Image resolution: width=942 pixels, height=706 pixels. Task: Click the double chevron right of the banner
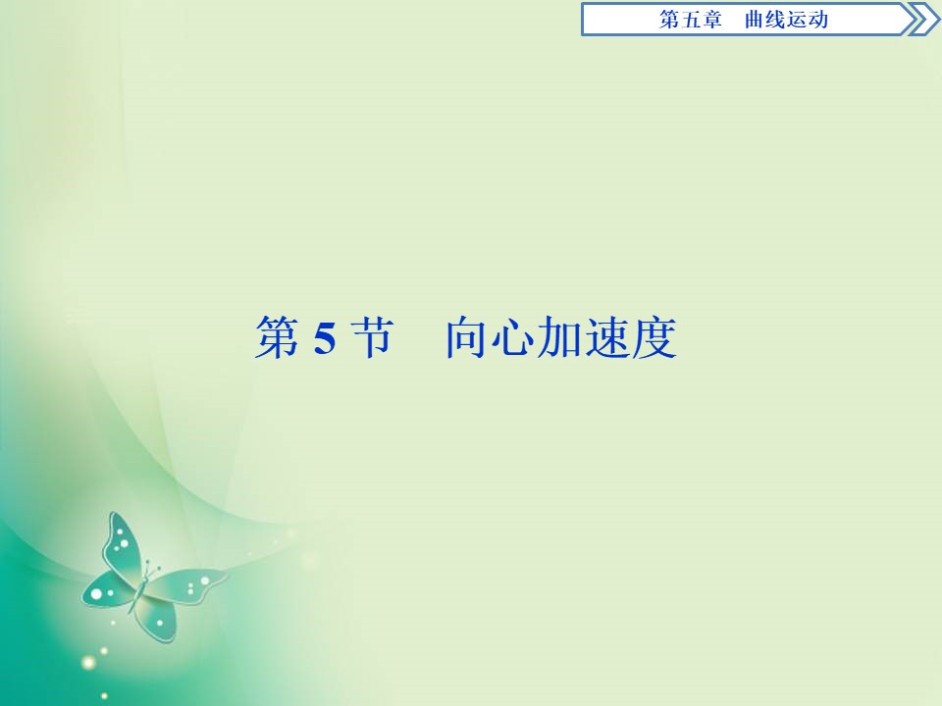[x=923, y=20]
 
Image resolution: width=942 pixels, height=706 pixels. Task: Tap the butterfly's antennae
[x=151, y=567]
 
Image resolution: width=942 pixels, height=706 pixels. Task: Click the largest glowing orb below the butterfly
[x=89, y=663]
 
